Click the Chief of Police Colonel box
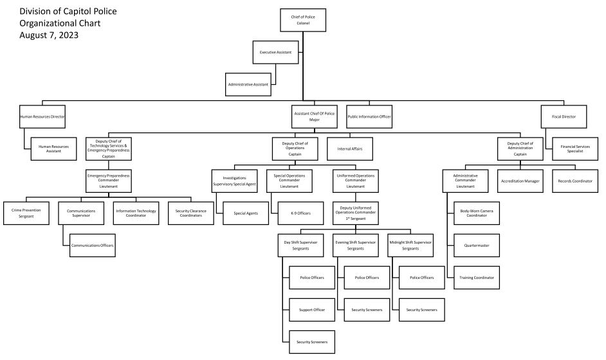point(303,20)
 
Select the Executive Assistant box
point(276,52)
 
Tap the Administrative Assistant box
point(248,84)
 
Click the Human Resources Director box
point(42,116)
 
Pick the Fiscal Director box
point(564,116)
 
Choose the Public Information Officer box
point(369,116)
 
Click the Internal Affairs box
point(350,148)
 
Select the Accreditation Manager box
point(520,181)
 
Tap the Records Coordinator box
point(574,181)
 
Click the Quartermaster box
point(477,245)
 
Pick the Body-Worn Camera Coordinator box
point(477,213)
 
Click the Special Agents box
point(246,213)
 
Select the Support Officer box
point(312,310)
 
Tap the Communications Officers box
point(94,245)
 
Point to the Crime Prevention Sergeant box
point(27,213)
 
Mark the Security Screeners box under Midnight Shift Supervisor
point(422,310)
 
